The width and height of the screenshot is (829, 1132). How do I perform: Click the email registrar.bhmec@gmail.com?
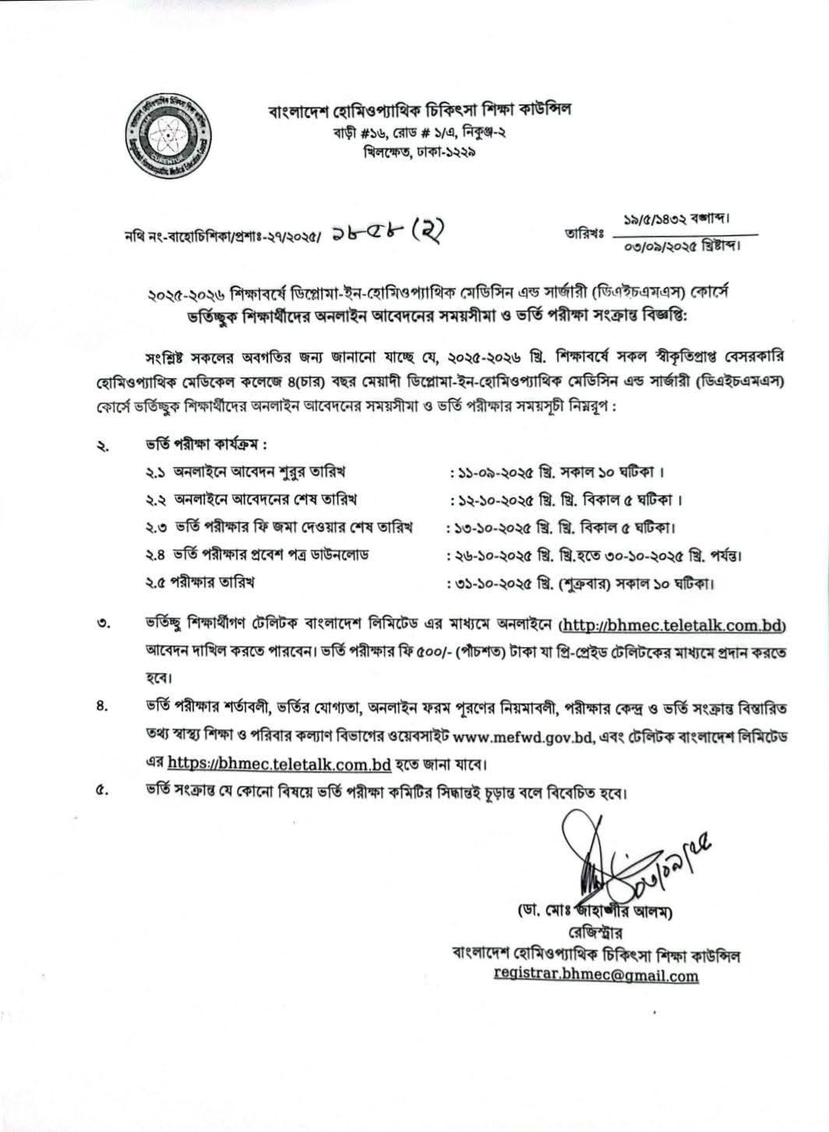pyautogui.click(x=596, y=975)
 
